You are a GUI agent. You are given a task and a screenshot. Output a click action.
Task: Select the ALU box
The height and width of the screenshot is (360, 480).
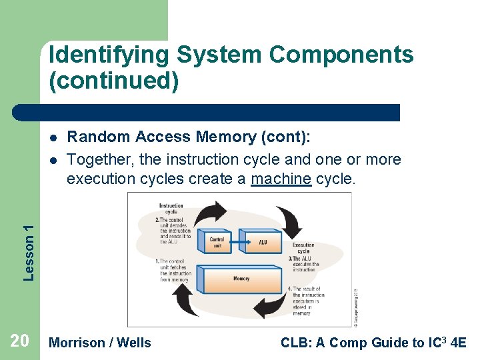click(262, 242)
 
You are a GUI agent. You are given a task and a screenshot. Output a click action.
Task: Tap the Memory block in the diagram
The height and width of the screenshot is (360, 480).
click(241, 279)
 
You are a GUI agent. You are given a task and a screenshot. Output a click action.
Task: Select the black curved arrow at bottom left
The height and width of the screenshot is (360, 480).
click(187, 301)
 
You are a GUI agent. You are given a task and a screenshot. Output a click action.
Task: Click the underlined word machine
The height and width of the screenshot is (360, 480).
click(281, 180)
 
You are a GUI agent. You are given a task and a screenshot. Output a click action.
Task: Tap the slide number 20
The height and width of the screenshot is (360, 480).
click(19, 342)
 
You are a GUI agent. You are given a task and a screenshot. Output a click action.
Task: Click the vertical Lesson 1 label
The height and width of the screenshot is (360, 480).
click(29, 252)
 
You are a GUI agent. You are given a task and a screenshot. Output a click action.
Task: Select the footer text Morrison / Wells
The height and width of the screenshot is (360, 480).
click(101, 343)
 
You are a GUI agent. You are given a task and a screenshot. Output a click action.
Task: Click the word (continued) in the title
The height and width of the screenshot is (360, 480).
click(113, 81)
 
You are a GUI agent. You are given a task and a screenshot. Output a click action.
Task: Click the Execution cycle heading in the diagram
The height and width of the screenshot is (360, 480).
click(303, 249)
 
